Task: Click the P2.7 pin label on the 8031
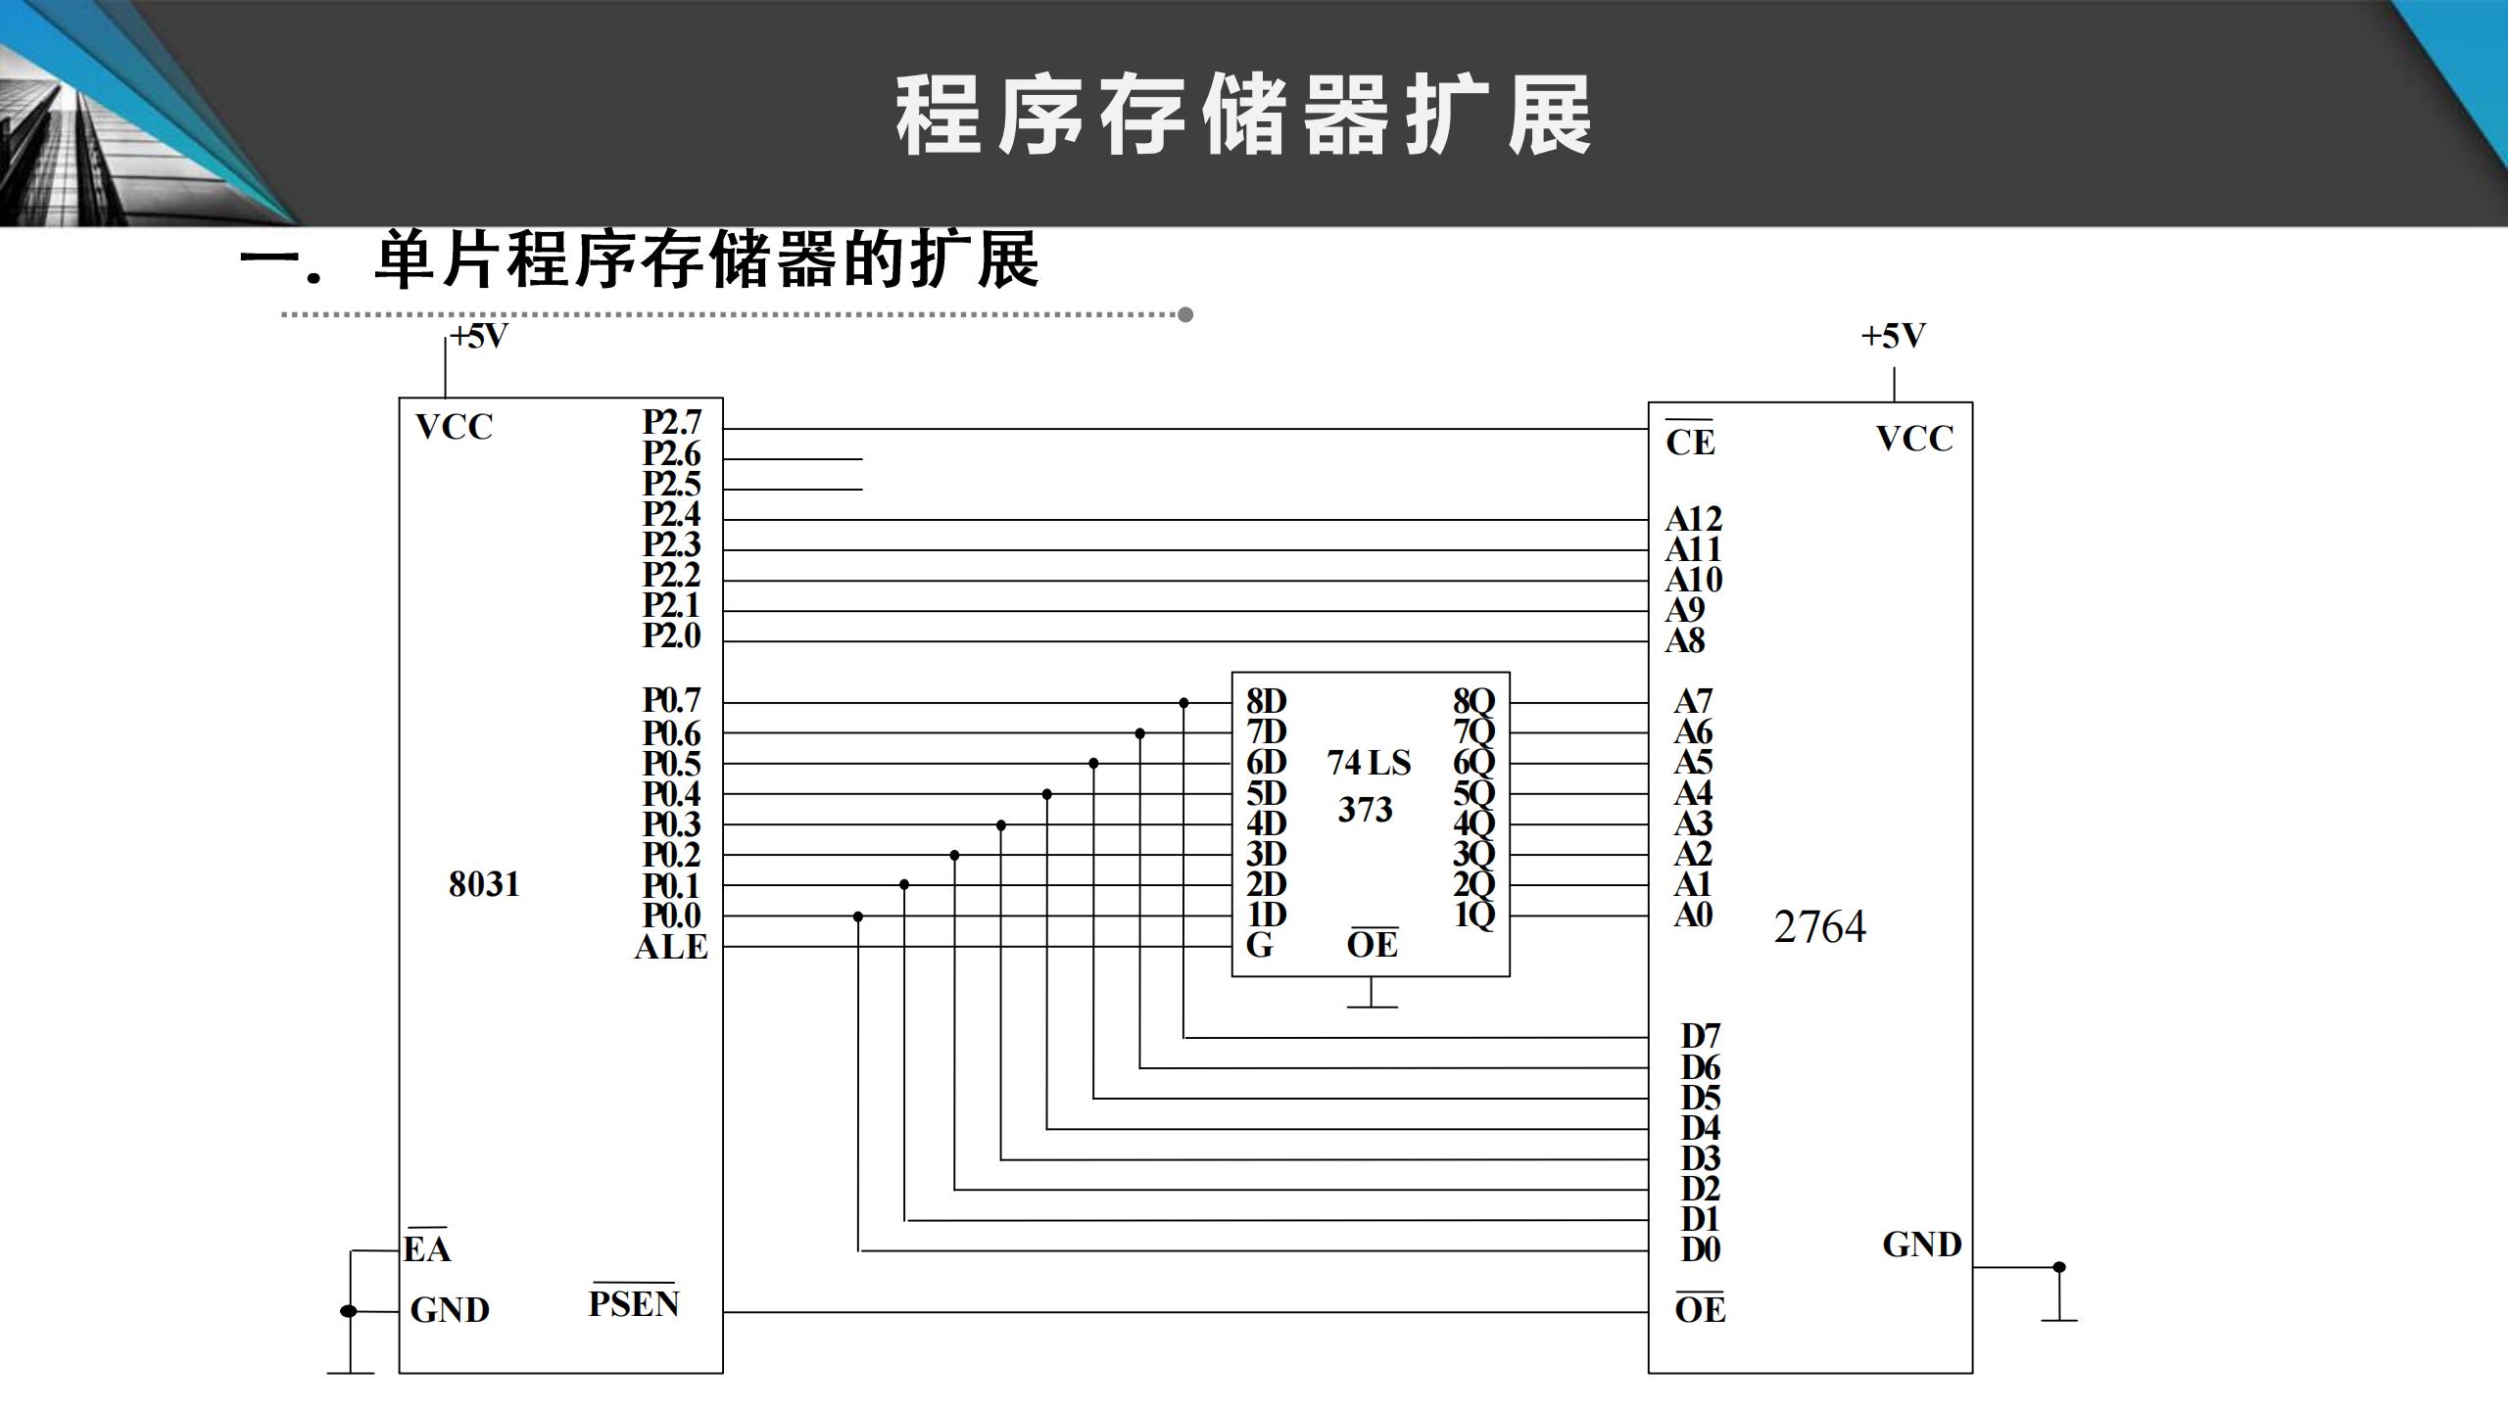pyautogui.click(x=672, y=422)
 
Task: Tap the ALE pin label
pyautogui.click(x=671, y=948)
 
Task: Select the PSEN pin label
pyautogui.click(x=634, y=1303)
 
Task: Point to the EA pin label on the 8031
pyautogui.click(x=427, y=1248)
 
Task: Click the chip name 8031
pyautogui.click(x=484, y=884)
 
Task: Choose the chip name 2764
pyautogui.click(x=1819, y=927)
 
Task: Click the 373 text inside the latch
pyautogui.click(x=1365, y=810)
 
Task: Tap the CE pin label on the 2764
pyautogui.click(x=1690, y=442)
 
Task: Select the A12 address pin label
pyautogui.click(x=1693, y=519)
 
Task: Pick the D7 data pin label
pyautogui.click(x=1701, y=1036)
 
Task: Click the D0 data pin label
pyautogui.click(x=1701, y=1249)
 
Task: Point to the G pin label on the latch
pyautogui.click(x=1259, y=946)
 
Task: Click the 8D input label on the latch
pyautogui.click(x=1266, y=701)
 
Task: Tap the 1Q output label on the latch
pyautogui.click(x=1473, y=916)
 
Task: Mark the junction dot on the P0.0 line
pyautogui.click(x=858, y=916)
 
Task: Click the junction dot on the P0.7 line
pyautogui.click(x=1183, y=703)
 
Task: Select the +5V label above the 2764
pyautogui.click(x=1893, y=337)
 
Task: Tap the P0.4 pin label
pyautogui.click(x=672, y=794)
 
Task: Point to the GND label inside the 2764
pyautogui.click(x=1921, y=1245)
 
